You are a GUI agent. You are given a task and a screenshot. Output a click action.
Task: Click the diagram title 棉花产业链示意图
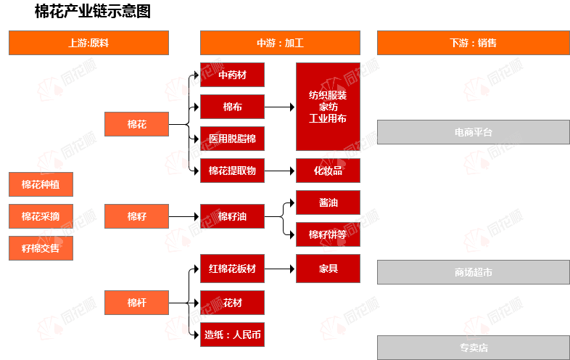click(93, 12)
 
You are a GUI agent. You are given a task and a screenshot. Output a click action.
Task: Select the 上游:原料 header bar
click(88, 43)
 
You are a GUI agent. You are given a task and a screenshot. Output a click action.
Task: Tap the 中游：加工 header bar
click(280, 43)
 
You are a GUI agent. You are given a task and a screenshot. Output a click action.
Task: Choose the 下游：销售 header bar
click(473, 43)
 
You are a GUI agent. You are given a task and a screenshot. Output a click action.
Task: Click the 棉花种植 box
click(41, 184)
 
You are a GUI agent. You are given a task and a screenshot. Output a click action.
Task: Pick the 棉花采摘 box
click(41, 216)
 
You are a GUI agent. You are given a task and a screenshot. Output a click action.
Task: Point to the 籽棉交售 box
click(41, 247)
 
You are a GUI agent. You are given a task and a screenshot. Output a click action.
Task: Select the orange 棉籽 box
click(137, 216)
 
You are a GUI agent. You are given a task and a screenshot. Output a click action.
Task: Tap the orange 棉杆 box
click(137, 303)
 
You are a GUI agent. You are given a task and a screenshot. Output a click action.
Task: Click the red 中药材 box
click(232, 75)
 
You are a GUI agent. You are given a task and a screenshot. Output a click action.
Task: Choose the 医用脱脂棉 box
click(232, 138)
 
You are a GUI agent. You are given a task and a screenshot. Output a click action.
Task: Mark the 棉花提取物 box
click(232, 171)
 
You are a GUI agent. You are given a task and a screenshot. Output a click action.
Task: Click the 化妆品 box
click(328, 171)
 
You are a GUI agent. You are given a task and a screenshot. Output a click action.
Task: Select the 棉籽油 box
click(232, 216)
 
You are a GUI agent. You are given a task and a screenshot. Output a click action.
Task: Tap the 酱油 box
click(328, 202)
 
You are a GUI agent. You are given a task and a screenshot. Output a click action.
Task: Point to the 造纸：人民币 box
click(232, 335)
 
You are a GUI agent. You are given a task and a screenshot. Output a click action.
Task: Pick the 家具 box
click(328, 269)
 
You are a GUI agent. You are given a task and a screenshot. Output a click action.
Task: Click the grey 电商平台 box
click(473, 132)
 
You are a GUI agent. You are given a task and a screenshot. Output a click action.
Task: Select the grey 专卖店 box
click(473, 348)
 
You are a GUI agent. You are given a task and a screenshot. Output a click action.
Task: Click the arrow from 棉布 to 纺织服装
click(280, 107)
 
